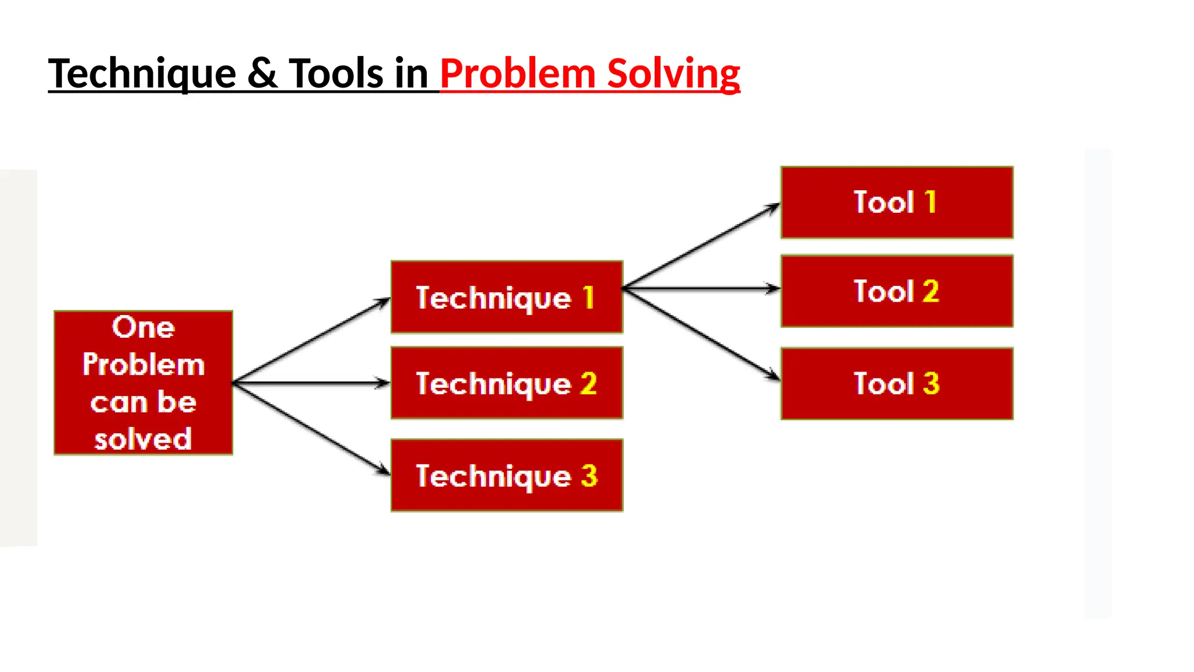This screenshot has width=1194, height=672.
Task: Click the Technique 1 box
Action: [x=507, y=297]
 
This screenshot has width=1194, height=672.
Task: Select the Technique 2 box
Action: [x=507, y=383]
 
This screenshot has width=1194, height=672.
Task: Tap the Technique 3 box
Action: [x=507, y=475]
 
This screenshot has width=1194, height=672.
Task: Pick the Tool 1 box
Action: [x=897, y=202]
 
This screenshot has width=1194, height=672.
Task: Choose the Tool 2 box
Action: [x=897, y=291]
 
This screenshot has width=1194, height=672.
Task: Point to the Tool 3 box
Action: [x=897, y=384]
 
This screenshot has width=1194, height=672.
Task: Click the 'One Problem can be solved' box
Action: [x=143, y=383]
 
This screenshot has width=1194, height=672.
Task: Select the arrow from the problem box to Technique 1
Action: [x=311, y=341]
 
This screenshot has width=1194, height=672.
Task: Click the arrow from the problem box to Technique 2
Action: [x=311, y=383]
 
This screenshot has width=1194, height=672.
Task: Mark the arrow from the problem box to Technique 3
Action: [x=311, y=428]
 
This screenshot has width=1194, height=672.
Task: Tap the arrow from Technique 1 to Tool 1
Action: [x=701, y=246]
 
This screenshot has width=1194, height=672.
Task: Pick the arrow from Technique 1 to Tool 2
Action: [x=701, y=288]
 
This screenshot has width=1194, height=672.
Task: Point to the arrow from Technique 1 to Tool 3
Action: [x=701, y=334]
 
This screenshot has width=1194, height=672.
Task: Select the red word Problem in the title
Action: [x=517, y=74]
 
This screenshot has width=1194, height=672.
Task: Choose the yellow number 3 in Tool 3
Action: [x=931, y=384]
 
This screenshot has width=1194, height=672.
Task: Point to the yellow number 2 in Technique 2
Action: [x=588, y=383]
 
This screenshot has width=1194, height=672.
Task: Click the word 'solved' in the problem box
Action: [x=143, y=439]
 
